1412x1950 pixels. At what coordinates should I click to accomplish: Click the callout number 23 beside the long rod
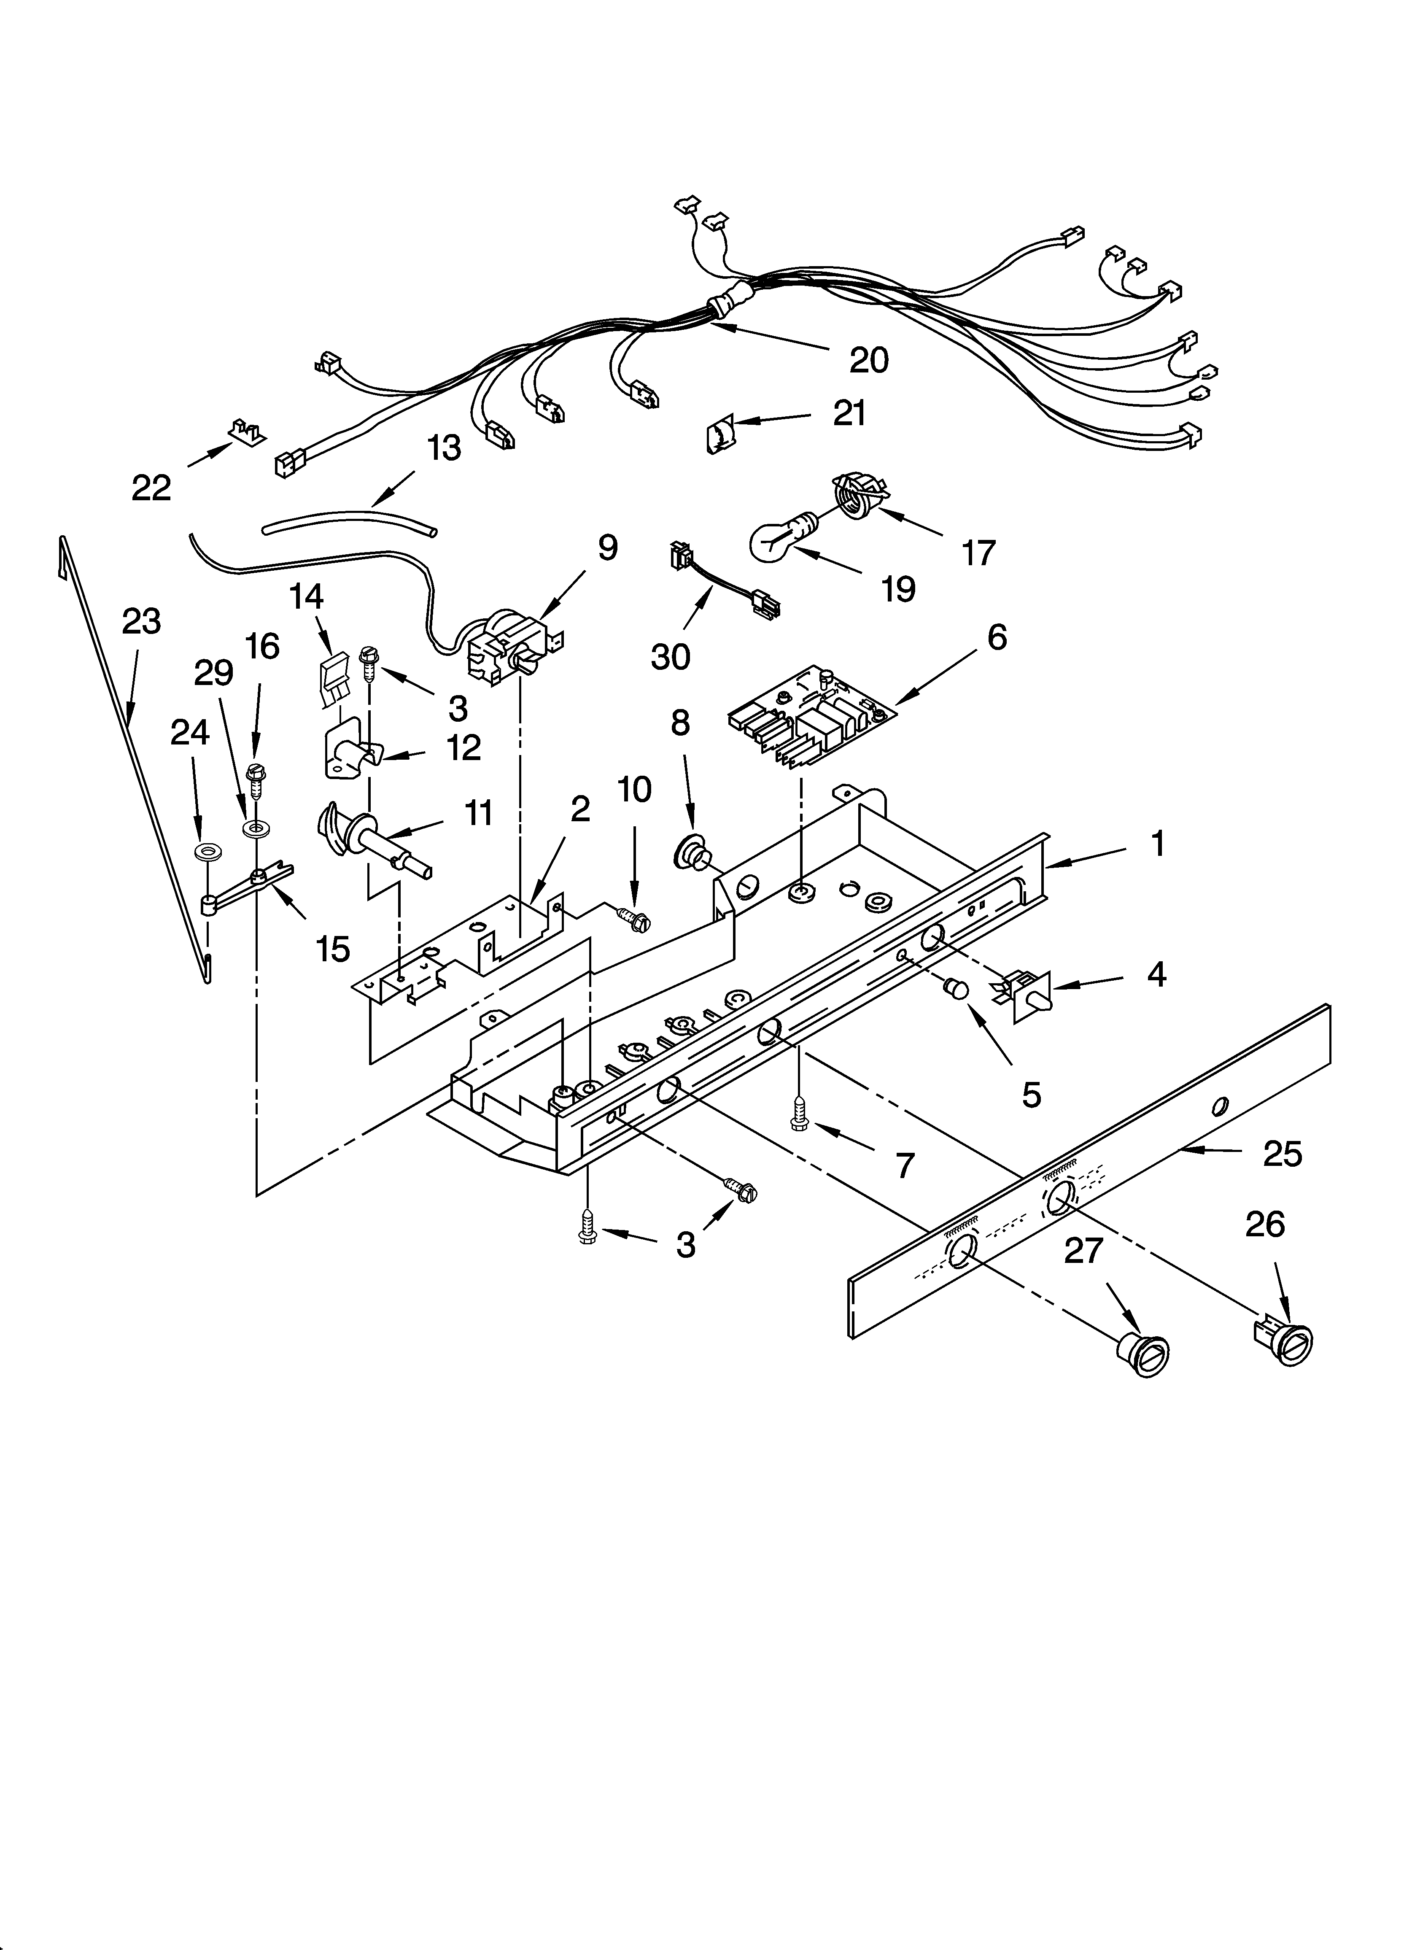tap(141, 622)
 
